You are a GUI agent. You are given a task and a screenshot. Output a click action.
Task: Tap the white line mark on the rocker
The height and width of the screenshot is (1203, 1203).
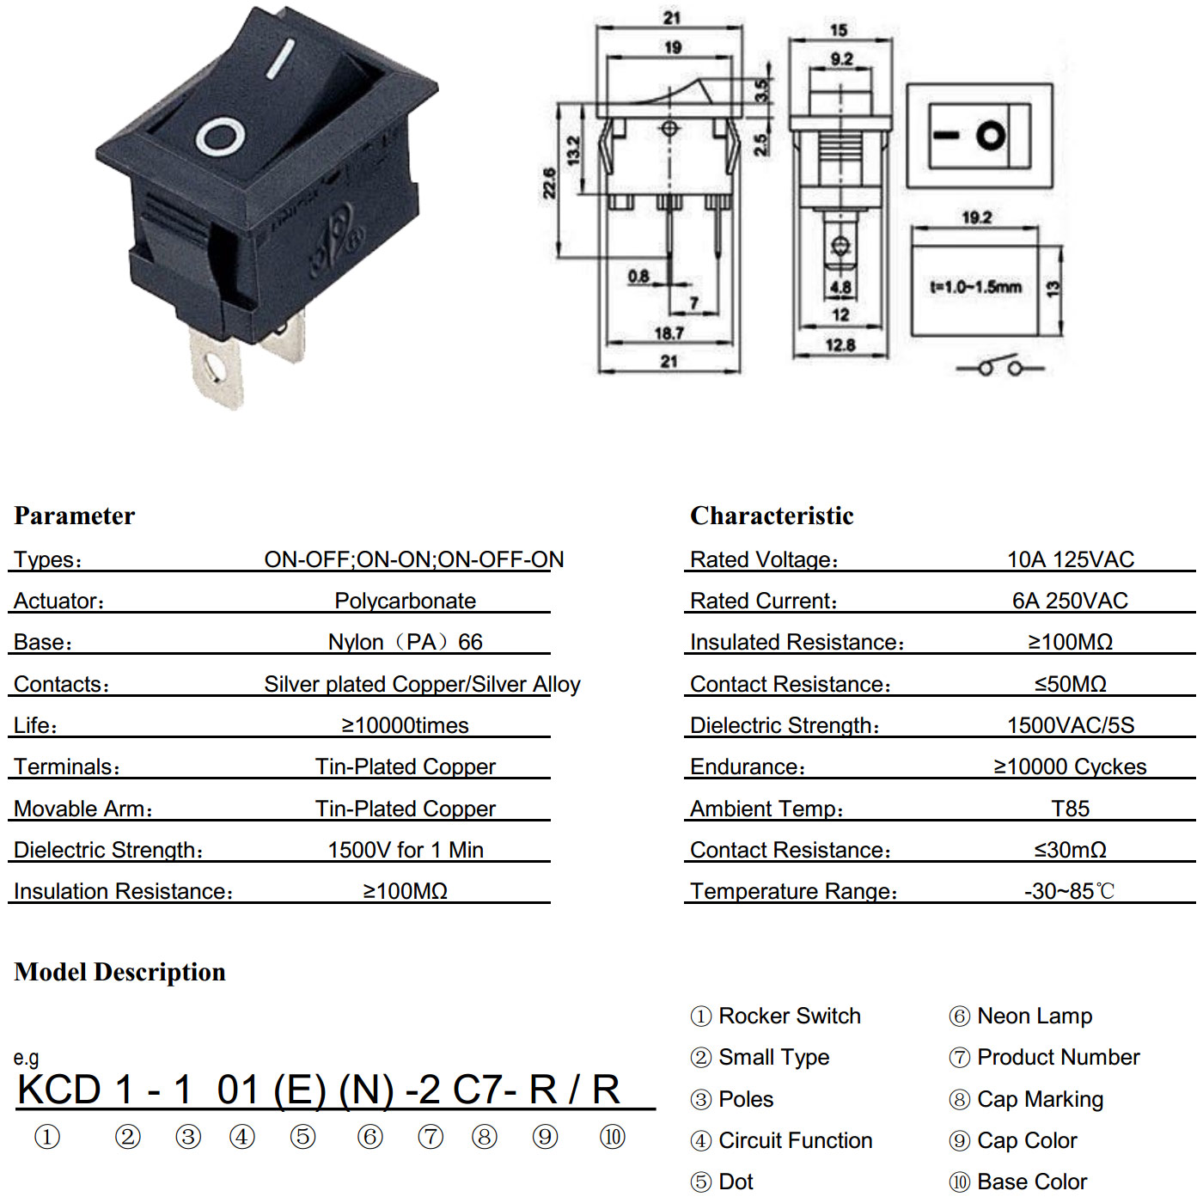pos(280,59)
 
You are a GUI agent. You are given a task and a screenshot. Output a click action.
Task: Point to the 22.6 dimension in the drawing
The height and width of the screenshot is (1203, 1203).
pos(549,183)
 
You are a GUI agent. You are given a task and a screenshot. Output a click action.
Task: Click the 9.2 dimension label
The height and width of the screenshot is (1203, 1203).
pos(841,58)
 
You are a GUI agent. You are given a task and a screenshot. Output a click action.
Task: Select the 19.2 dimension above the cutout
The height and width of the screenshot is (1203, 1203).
pos(977,217)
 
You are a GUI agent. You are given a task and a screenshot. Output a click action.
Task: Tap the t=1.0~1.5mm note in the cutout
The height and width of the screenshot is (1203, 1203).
pos(976,286)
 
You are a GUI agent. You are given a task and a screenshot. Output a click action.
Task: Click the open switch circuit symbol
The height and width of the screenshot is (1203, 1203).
pos(1000,366)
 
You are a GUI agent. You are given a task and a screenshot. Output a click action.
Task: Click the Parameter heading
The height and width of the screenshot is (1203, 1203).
pos(74,516)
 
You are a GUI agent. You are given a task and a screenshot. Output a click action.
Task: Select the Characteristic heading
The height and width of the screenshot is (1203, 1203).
pos(772,516)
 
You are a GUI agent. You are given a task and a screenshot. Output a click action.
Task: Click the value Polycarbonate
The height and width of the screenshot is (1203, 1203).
pos(406,601)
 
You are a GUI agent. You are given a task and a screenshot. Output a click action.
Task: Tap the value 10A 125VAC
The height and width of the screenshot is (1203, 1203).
pos(1071,559)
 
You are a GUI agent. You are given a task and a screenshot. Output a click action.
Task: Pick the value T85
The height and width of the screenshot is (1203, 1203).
pos(1071,809)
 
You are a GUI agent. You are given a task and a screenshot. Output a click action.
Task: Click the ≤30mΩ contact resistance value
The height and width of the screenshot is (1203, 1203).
pos(1071,850)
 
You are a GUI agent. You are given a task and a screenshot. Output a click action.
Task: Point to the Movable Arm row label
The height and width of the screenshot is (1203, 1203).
pos(83,809)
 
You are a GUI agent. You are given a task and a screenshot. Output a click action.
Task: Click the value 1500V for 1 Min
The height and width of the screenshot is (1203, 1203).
pos(406,850)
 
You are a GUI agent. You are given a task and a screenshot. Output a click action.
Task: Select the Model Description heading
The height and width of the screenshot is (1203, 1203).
pos(119,972)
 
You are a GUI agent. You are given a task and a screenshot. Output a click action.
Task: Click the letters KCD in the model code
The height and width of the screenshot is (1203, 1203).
pos(59,1090)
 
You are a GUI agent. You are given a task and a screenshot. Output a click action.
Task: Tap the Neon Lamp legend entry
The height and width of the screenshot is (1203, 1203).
pos(1021,1016)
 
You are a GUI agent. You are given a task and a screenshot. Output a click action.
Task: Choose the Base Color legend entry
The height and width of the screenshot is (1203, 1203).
pos(1018,1182)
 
